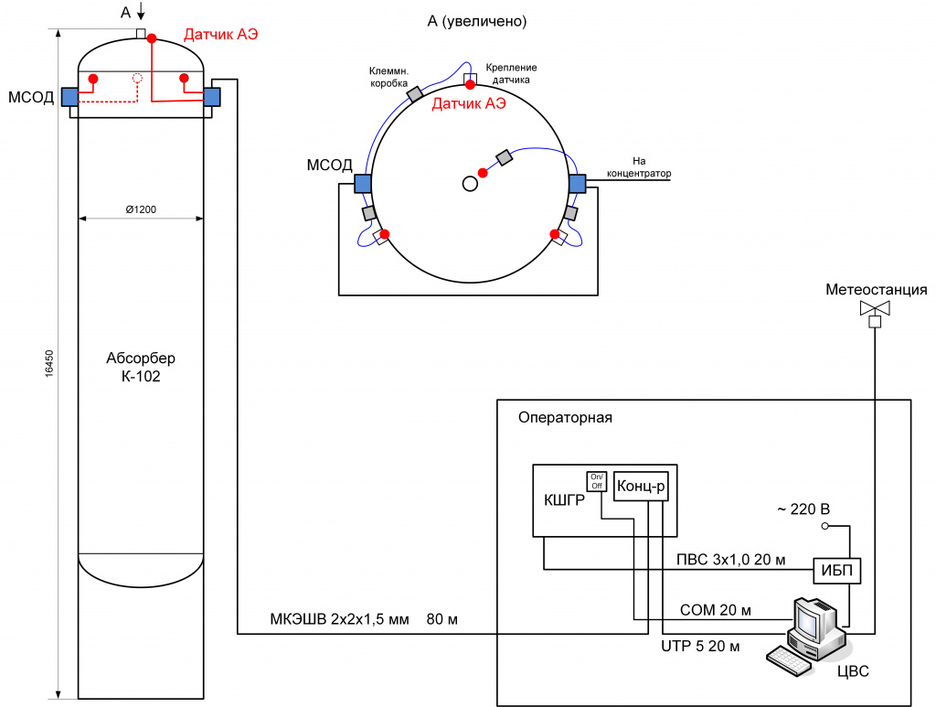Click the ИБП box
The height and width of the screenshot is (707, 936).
[837, 571]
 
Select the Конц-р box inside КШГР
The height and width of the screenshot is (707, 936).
[641, 486]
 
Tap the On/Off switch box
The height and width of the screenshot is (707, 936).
[596, 482]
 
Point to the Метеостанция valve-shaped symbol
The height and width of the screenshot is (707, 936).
[875, 308]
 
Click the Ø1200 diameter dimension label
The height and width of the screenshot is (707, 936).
[141, 209]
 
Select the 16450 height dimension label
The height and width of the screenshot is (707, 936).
[49, 363]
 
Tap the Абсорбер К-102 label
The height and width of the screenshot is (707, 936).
[141, 368]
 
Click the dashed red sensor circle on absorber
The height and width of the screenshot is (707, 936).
[137, 78]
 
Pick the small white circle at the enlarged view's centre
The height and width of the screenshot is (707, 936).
[471, 183]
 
